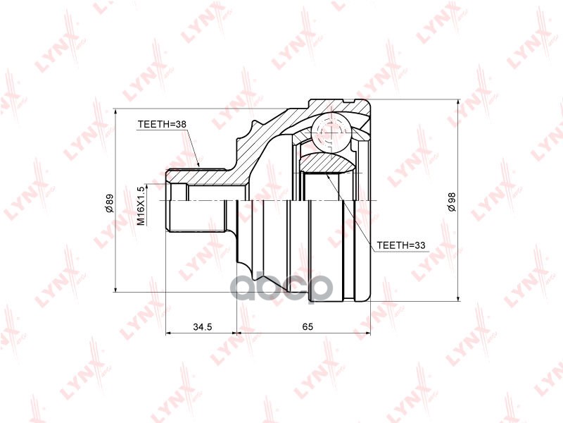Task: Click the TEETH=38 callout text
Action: pos(162,124)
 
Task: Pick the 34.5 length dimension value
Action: pos(203,326)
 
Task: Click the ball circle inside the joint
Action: pos(331,132)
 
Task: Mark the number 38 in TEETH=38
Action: pos(181,124)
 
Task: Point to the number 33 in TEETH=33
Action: pos(422,245)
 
